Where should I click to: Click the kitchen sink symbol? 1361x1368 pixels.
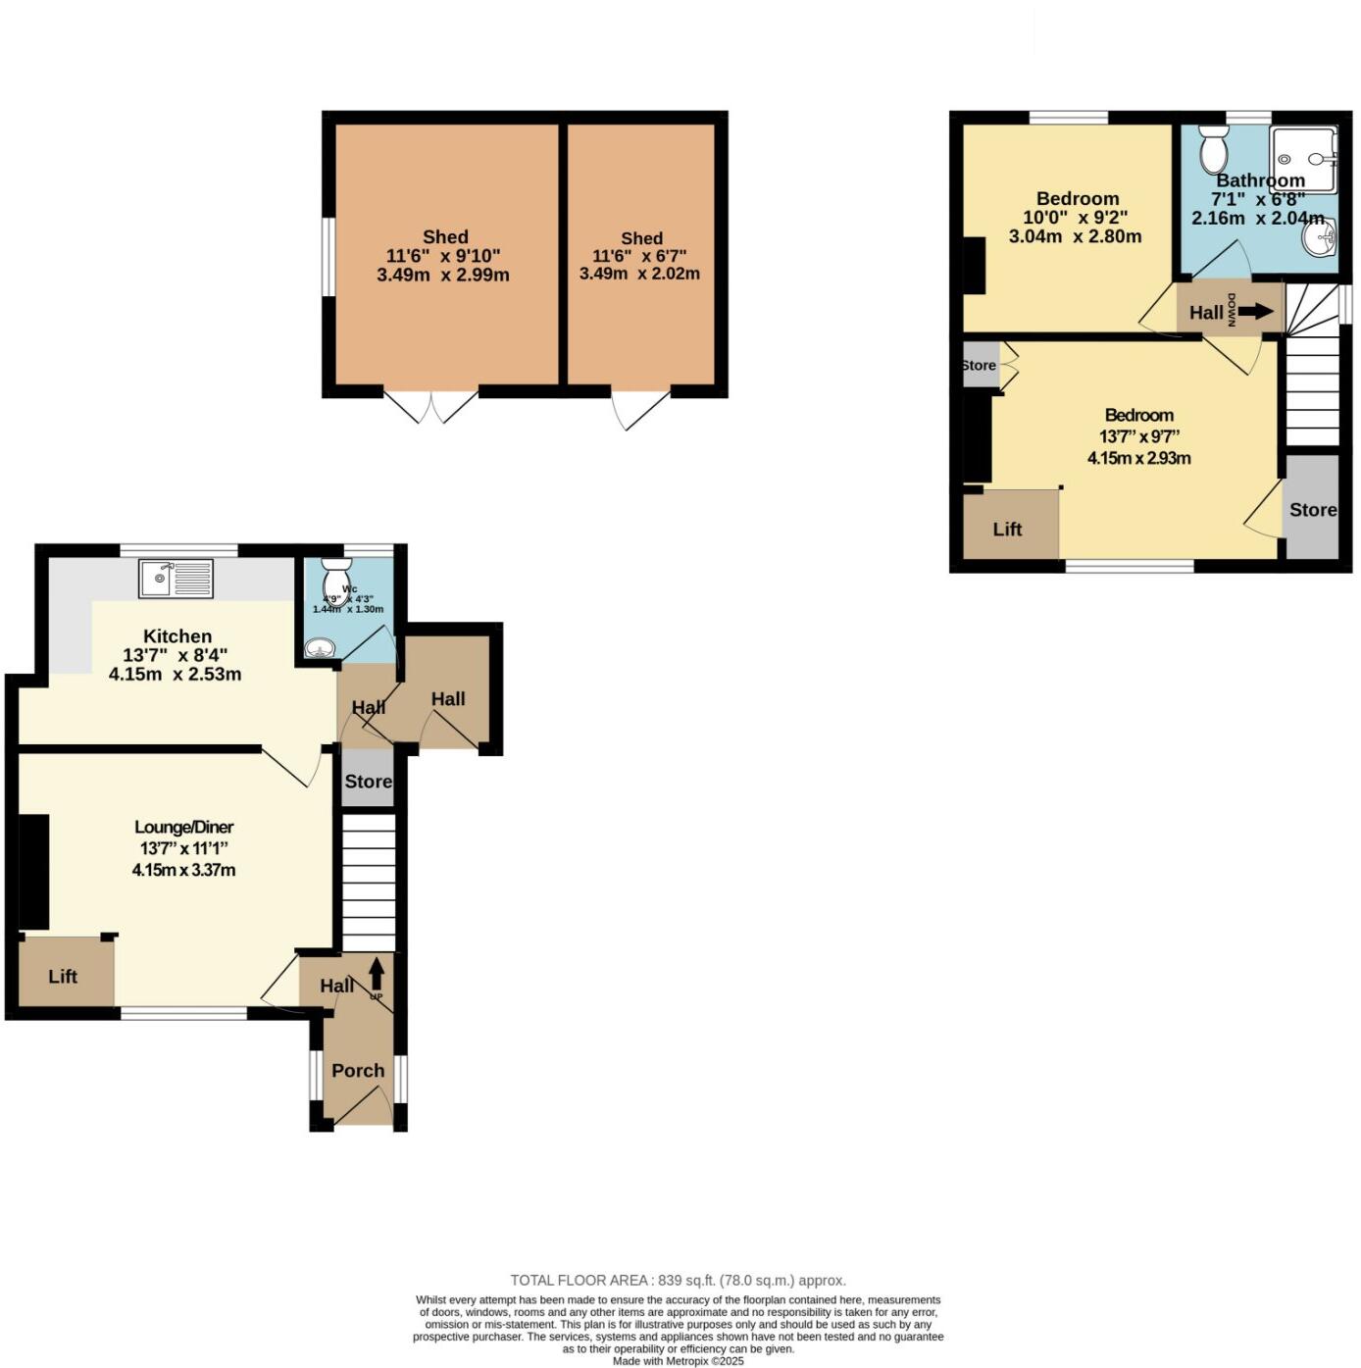click(x=176, y=578)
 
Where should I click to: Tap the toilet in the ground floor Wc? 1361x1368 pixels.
click(x=336, y=581)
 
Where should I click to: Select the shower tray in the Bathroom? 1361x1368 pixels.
click(x=1303, y=159)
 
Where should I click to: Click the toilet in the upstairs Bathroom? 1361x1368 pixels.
click(x=1214, y=148)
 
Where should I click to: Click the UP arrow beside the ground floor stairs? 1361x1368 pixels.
click(x=377, y=976)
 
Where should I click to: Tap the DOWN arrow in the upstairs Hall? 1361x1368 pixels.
click(x=1255, y=312)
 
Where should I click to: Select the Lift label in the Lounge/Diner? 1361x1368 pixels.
click(x=63, y=977)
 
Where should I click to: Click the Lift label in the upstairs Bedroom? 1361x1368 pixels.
click(x=1007, y=530)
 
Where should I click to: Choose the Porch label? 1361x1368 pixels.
click(x=358, y=1071)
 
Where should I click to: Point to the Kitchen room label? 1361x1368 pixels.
click(x=177, y=636)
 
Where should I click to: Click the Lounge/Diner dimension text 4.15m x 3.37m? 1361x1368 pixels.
click(x=183, y=870)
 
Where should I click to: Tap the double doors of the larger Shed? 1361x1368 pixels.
click(x=430, y=406)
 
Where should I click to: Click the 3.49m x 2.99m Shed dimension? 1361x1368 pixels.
click(x=443, y=276)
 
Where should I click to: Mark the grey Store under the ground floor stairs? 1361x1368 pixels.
click(x=368, y=782)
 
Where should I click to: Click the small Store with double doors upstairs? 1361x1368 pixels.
click(x=981, y=365)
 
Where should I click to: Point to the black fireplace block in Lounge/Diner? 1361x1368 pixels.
click(x=33, y=871)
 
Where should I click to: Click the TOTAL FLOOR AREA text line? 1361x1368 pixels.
click(x=678, y=1281)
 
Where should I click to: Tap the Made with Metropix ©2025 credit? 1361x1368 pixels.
click(x=678, y=1361)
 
